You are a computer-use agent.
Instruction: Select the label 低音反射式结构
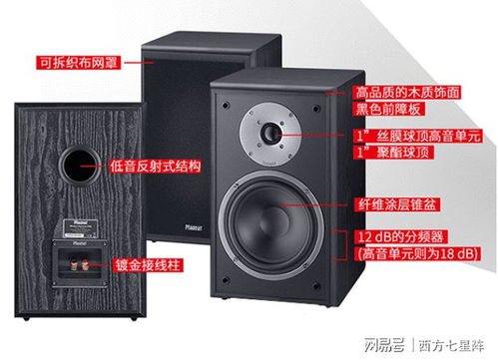(163, 164)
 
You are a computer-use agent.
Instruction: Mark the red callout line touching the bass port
(104, 164)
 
